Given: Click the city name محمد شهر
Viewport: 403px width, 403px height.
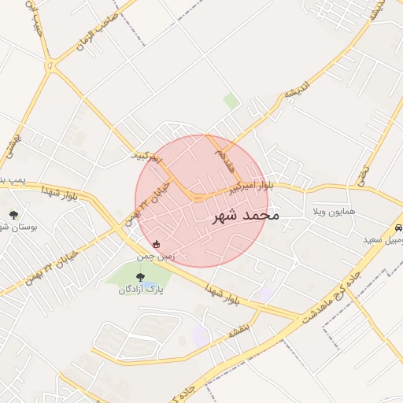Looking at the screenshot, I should click(x=246, y=215).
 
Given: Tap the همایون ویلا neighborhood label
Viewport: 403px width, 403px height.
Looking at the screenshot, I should click(x=335, y=213).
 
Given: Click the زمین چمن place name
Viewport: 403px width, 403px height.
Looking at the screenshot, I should click(x=155, y=256).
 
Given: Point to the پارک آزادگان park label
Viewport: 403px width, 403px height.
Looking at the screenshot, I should click(x=141, y=290).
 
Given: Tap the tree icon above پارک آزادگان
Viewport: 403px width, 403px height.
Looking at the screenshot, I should click(x=141, y=276).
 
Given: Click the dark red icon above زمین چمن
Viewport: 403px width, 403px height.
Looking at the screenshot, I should click(x=156, y=243).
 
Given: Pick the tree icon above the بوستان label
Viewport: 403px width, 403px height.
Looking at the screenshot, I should click(x=13, y=213).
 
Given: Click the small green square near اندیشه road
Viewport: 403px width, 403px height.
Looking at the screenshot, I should click(x=231, y=101).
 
